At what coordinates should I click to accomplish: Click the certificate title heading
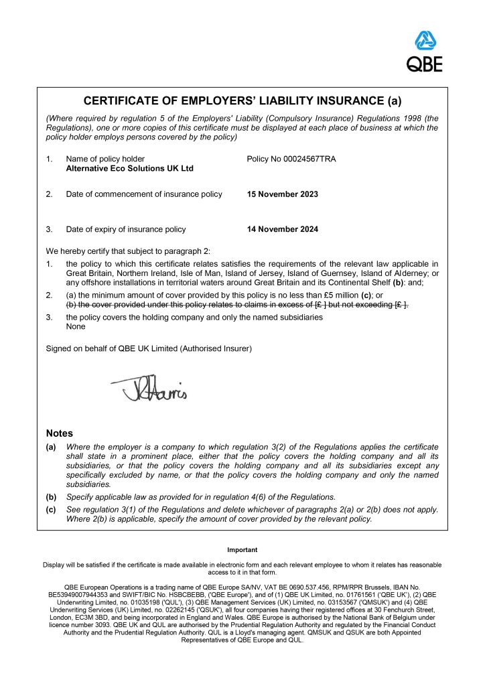pos(242,102)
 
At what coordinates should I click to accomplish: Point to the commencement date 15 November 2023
pos(283,194)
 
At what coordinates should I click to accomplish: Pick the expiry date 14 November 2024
pos(283,229)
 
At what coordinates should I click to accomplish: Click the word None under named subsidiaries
pos(76,326)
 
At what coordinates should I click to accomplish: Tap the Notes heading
pos(59,433)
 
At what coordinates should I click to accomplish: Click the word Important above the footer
pos(242,550)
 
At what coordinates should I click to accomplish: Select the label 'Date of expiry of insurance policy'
pos(126,229)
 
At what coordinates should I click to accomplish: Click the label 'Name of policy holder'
pos(105,159)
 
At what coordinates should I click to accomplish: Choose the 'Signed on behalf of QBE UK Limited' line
pos(149,348)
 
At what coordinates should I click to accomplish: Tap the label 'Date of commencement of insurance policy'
pos(144,194)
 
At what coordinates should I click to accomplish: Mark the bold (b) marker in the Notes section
pos(51,496)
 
